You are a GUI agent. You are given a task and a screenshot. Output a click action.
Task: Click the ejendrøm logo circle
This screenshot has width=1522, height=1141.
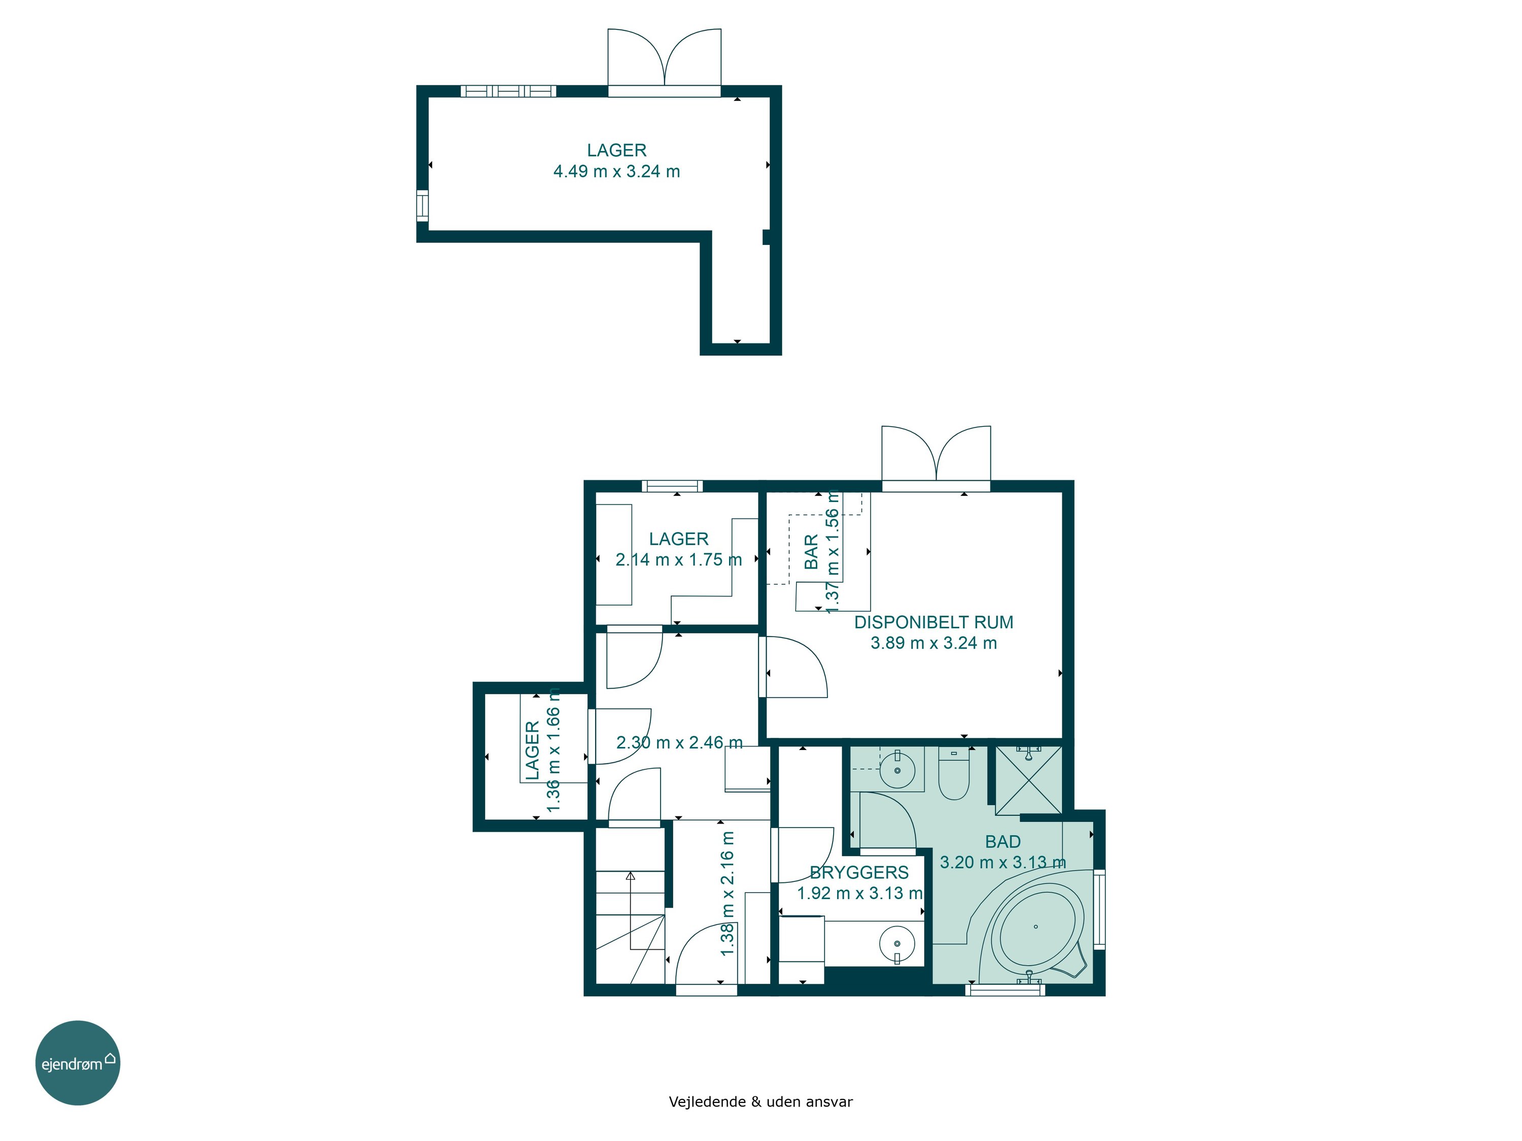(78, 1062)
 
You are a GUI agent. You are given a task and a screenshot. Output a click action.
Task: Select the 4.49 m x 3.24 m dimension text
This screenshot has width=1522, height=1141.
(616, 171)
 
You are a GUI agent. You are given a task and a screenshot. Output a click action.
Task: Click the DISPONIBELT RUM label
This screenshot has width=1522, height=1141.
(933, 622)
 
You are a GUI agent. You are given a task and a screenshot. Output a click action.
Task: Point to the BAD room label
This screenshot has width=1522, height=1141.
(1002, 841)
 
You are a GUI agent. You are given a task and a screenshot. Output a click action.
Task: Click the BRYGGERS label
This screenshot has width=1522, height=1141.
(859, 873)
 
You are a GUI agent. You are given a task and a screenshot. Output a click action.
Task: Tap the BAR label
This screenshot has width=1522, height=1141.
(812, 552)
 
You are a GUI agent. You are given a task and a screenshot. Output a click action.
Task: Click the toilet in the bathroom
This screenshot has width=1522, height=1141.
(954, 774)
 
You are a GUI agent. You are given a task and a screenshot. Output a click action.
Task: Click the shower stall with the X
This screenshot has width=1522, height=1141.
(1029, 780)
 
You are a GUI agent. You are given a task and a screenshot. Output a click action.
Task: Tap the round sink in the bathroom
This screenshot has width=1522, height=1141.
(897, 770)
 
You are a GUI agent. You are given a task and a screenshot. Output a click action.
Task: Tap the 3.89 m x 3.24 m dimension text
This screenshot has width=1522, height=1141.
(933, 643)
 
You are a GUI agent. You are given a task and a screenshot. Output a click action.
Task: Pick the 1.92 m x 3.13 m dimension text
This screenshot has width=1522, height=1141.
(859, 894)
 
